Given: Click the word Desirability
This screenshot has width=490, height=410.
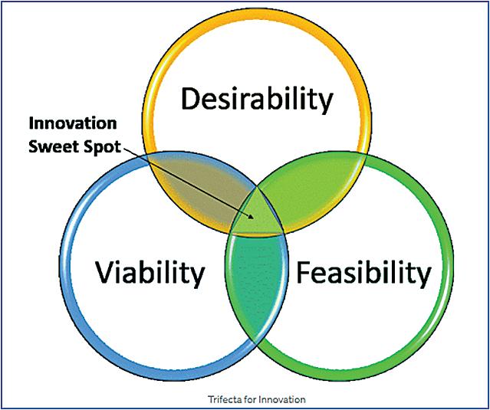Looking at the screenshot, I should (x=257, y=100).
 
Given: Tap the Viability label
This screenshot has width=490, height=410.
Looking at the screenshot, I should (x=150, y=272).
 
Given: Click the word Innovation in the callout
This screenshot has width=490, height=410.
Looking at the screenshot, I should (x=73, y=123).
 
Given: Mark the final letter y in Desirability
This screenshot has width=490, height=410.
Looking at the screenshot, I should (x=327, y=103).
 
